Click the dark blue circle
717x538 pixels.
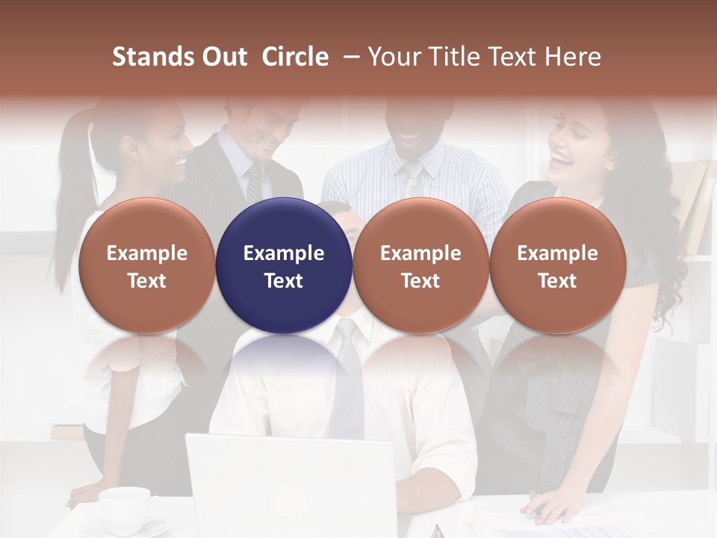point(284,266)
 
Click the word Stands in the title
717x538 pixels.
point(153,57)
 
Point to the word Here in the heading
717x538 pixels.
point(574,57)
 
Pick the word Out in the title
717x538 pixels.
point(224,57)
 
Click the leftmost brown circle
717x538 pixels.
point(147,266)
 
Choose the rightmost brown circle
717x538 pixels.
point(558,266)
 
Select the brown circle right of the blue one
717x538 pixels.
point(420,266)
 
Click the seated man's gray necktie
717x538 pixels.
point(347,381)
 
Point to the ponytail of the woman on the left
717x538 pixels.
point(72,194)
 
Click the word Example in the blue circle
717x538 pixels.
point(284,253)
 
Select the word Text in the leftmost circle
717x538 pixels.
point(147,281)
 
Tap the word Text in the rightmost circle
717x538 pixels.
point(558,281)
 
